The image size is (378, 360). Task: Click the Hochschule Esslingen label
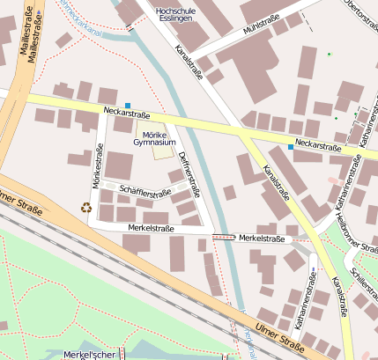[174, 16]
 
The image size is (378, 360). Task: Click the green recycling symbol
[86, 208]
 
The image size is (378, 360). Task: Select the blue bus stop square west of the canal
[128, 106]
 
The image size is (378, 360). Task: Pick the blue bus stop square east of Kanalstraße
[291, 146]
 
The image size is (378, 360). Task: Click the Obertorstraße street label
[357, 18]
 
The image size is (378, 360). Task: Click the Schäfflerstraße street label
[145, 192]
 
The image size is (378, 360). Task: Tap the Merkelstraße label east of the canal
[261, 239]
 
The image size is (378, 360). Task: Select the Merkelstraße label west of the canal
[151, 228]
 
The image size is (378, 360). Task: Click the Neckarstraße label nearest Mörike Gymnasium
[127, 114]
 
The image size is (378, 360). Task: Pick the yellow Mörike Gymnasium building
[163, 152]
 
